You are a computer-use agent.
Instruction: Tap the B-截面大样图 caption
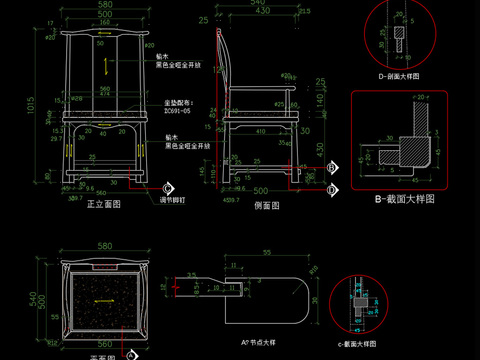click(x=404, y=199)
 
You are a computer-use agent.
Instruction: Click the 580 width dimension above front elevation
click(x=106, y=6)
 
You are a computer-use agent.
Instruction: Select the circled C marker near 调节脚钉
click(x=168, y=188)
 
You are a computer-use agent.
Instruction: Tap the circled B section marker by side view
click(x=332, y=168)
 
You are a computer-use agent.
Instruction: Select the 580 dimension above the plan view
click(x=105, y=247)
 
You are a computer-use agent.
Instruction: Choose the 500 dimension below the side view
click(x=262, y=190)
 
